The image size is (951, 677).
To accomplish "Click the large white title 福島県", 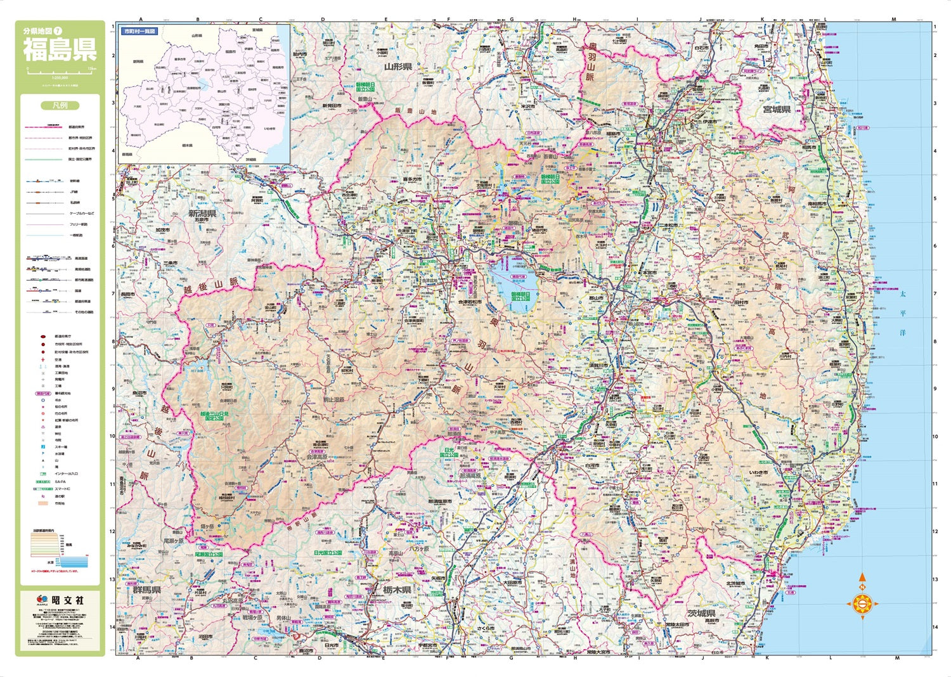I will click(60, 49).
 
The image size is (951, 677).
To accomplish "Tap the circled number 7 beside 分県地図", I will click(58, 30).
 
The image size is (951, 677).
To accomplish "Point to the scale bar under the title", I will click(60, 68).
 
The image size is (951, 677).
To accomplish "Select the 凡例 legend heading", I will click(60, 106).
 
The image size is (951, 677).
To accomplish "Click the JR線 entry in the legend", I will click(74, 191).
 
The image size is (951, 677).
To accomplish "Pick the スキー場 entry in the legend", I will click(61, 447).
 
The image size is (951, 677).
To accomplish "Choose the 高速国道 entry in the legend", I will click(81, 259).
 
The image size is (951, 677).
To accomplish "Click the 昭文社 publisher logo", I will click(60, 600).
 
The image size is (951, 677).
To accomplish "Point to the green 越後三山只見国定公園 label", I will click(214, 416).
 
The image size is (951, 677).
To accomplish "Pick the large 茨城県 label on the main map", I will click(701, 614).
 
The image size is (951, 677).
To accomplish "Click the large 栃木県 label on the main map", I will click(397, 590).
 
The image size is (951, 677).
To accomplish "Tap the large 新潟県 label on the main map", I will click(202, 213).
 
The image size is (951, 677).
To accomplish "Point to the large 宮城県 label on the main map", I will click(776, 109).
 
